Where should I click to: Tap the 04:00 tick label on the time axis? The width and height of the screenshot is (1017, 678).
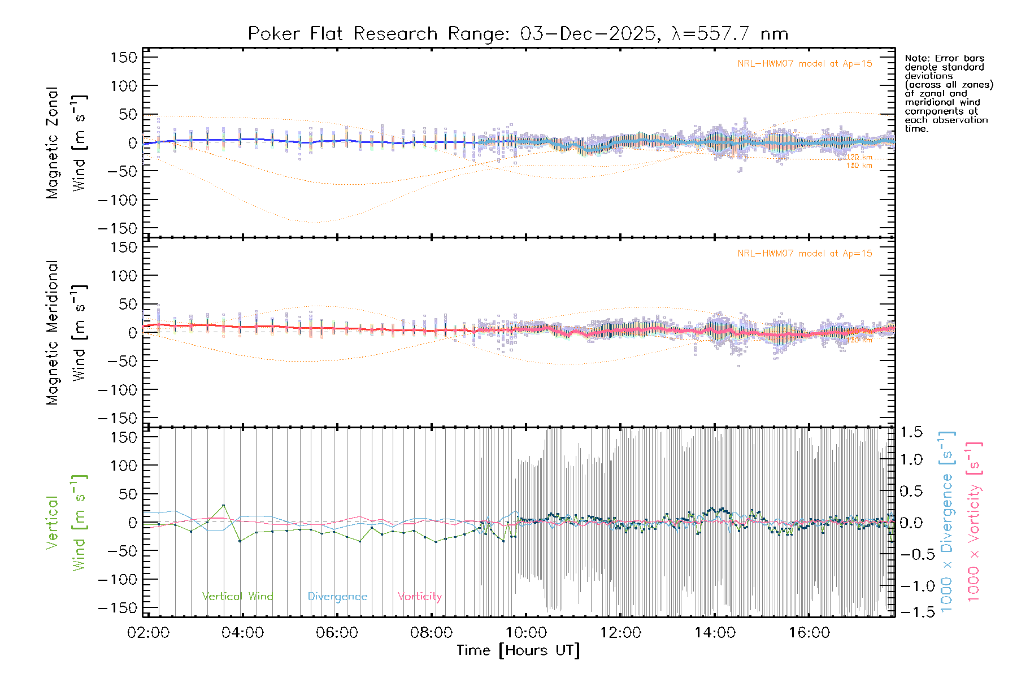(x=242, y=633)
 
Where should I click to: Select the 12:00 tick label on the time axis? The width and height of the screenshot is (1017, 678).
(x=620, y=633)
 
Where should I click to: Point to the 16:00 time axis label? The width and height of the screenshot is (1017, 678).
(x=809, y=633)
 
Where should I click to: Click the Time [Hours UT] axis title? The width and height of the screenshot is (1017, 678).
(x=518, y=651)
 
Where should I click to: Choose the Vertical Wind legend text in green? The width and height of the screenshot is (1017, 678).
(x=237, y=597)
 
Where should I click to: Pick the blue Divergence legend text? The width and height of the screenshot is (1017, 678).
(x=337, y=597)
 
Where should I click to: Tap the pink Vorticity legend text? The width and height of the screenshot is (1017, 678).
(x=419, y=597)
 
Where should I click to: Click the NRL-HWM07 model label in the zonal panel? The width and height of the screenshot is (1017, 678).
(x=805, y=64)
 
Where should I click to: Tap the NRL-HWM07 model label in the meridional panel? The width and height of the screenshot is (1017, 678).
(x=805, y=254)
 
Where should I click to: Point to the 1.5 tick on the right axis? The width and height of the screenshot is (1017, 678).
(x=911, y=432)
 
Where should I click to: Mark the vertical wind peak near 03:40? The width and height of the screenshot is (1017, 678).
(x=224, y=505)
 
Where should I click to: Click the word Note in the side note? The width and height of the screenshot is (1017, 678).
(x=915, y=59)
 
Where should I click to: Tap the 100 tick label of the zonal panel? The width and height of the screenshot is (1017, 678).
(x=124, y=86)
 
